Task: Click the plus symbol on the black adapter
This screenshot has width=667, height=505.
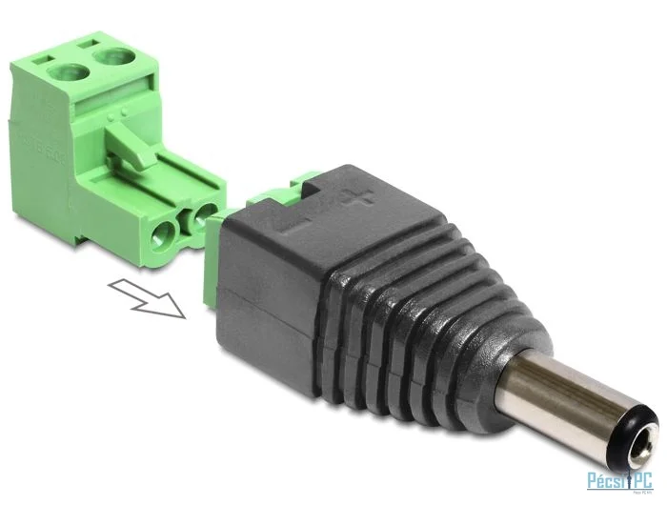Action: tap(357, 199)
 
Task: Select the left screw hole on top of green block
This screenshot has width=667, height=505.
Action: tap(68, 72)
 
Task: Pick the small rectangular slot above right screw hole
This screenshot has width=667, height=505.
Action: tap(88, 41)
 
